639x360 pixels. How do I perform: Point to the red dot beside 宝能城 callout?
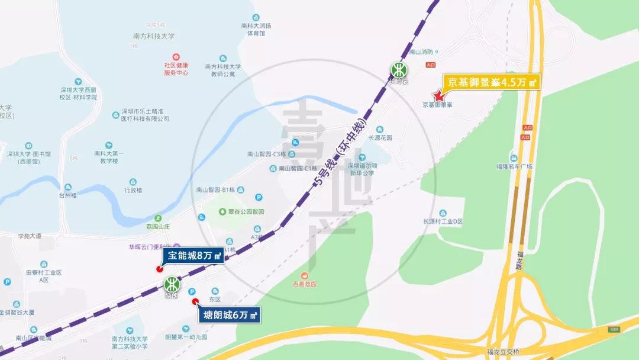(159, 269)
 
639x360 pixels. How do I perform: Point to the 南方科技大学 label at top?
(154, 36)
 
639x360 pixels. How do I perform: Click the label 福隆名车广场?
(514, 166)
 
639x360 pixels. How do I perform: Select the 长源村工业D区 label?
(441, 221)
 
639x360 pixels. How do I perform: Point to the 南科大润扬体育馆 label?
(256, 30)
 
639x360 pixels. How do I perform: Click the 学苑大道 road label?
(29, 236)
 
